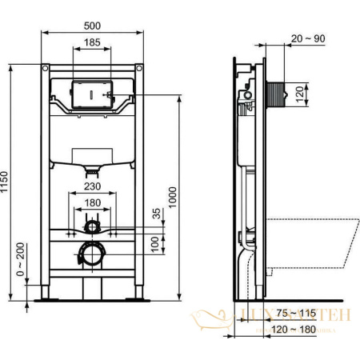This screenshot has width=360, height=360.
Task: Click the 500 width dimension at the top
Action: point(93,25)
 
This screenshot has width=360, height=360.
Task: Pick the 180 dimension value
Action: point(93,203)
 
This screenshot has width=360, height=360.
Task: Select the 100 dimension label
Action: point(155,242)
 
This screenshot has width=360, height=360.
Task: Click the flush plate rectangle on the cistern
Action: point(93,93)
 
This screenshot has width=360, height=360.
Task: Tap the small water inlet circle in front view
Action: point(93,228)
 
